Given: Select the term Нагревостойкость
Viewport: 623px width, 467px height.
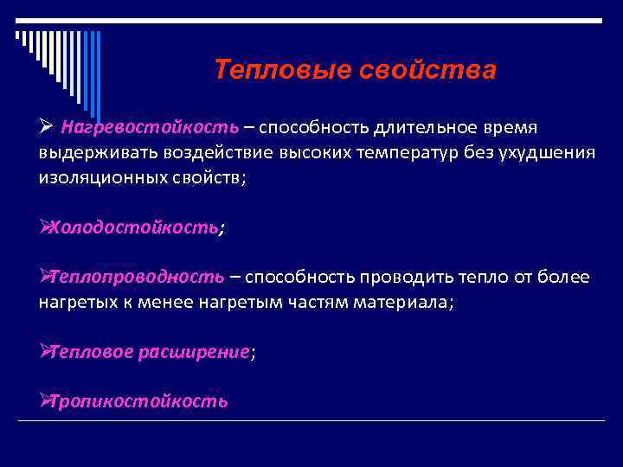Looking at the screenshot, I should point(148,128).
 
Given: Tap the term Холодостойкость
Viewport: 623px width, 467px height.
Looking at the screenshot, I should point(135,227).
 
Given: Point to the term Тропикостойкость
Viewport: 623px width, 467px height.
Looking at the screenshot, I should point(139,401).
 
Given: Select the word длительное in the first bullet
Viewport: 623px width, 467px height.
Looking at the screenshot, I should point(425,128).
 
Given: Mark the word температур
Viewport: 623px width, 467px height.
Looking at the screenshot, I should point(399,153).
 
